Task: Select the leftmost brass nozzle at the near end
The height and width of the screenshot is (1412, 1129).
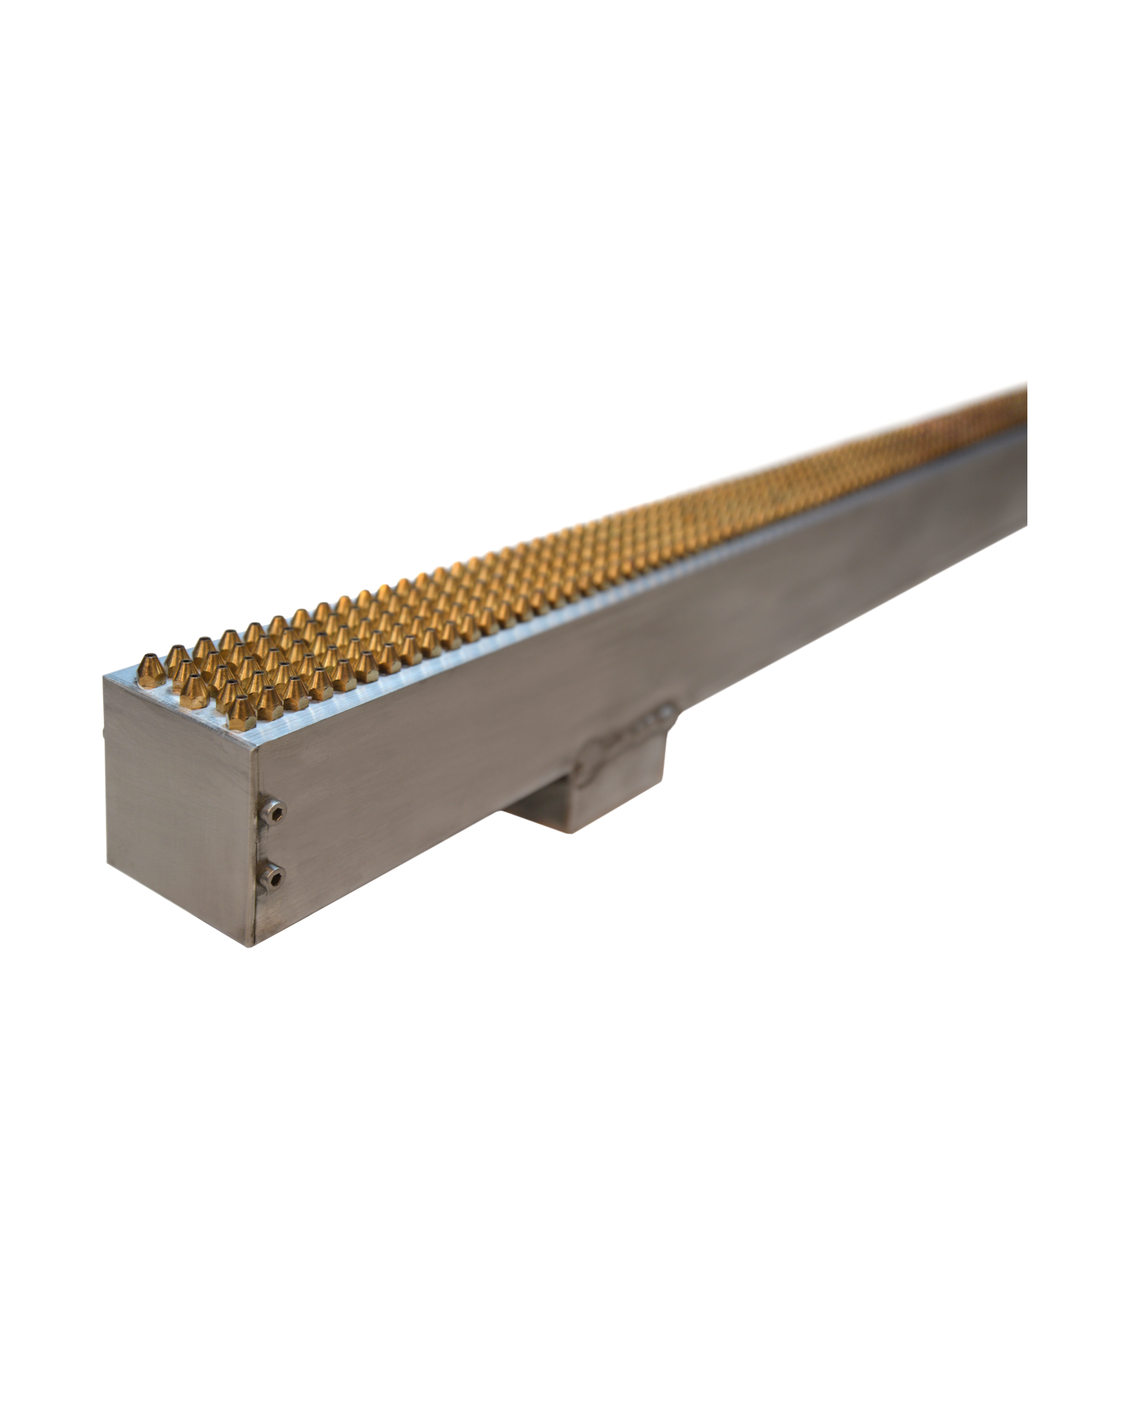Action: point(151,670)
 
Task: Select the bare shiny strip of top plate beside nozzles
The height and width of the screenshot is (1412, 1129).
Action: point(458,661)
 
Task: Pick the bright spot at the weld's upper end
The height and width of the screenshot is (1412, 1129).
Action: point(668,709)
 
